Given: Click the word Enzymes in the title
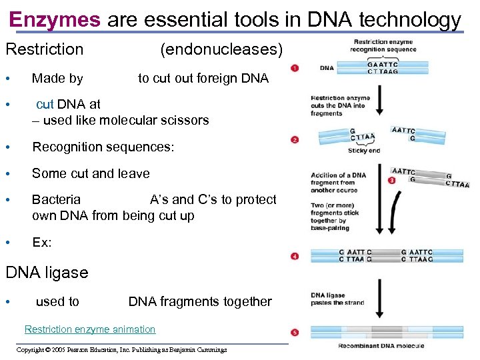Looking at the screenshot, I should point(55,19).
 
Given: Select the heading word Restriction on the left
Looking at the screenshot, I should point(45,49).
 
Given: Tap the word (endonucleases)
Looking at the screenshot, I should point(221,49).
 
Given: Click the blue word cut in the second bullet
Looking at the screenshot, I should point(45,104).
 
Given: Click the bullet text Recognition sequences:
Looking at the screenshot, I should point(103,147).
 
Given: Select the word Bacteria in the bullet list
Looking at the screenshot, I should point(57,199).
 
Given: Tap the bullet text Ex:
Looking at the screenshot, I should point(42,243).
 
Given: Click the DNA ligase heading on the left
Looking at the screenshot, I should point(47,273).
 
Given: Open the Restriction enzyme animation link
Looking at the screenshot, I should point(90,329).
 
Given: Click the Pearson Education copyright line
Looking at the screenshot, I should point(121,349).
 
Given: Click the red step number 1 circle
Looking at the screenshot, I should point(295,68).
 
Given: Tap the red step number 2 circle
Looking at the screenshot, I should point(295,140).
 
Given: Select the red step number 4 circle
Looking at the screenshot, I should point(295,256).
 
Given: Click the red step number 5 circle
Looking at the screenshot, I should point(295,333).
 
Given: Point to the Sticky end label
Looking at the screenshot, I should point(364,151).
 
